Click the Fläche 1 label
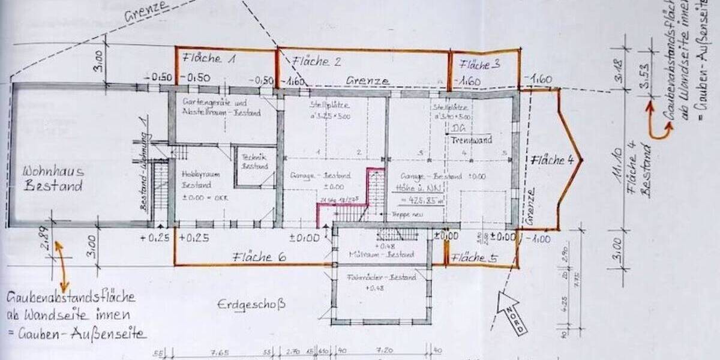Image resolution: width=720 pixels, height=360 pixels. point(209,59)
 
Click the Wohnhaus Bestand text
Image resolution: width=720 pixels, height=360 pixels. point(53,179)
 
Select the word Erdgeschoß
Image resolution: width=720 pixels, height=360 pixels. point(251,305)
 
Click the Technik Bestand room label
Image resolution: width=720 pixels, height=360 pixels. point(254,161)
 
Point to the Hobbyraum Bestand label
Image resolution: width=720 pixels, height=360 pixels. point(197,178)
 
